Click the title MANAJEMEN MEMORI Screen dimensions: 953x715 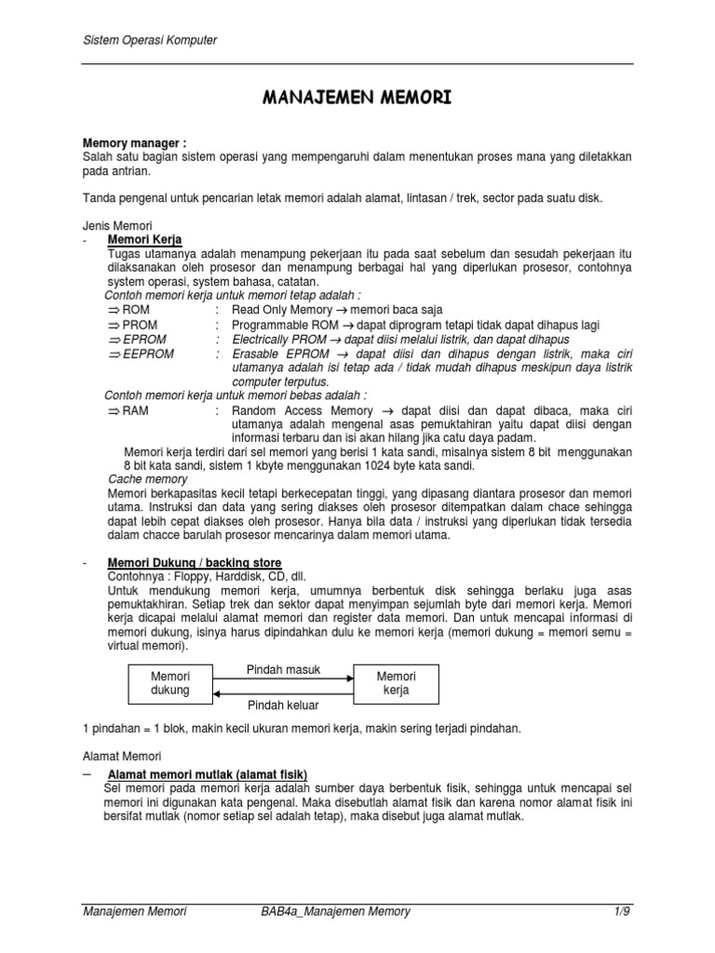[x=357, y=97]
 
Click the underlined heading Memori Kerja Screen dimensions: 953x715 [x=145, y=239]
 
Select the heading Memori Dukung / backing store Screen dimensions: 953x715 [x=195, y=563]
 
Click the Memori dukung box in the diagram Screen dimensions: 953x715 [x=169, y=682]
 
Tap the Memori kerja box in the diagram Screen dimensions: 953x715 [x=396, y=682]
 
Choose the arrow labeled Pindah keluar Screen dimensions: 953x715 [x=284, y=693]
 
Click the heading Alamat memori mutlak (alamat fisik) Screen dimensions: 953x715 [x=208, y=774]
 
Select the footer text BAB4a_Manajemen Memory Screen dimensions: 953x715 [x=322, y=911]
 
